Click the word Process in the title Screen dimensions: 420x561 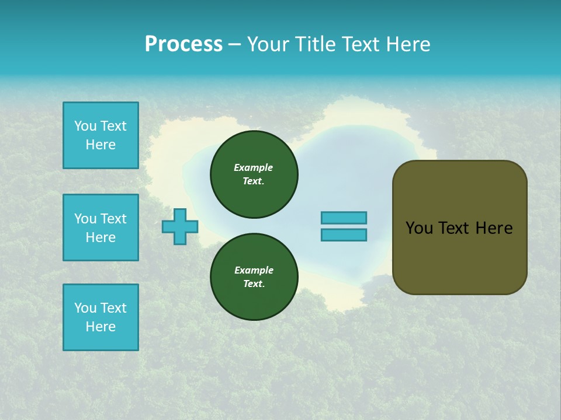coord(183,44)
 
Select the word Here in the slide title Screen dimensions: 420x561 coord(407,44)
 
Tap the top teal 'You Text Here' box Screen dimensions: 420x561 coord(101,135)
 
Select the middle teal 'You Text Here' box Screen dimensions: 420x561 coord(101,228)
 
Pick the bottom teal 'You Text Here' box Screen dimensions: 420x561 coord(101,317)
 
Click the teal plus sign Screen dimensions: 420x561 coord(180,227)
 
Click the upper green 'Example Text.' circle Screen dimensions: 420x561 coord(254,174)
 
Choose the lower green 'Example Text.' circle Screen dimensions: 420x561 coord(254,276)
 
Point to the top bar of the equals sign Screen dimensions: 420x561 coord(344,218)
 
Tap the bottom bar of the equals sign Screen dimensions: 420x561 coord(344,235)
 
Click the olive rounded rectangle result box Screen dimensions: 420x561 coord(459,257)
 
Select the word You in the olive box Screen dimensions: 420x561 coord(419,228)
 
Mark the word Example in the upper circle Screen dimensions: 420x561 coord(254,167)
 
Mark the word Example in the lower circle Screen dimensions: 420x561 coord(254,270)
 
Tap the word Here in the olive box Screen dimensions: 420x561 coord(494,228)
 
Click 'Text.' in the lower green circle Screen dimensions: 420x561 coord(254,284)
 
